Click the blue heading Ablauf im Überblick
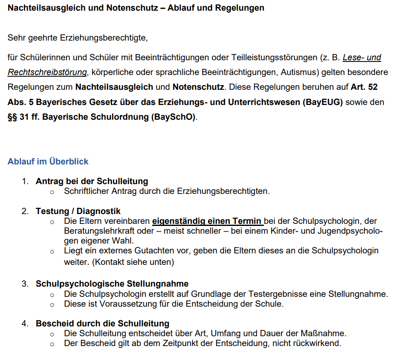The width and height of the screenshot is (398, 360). click(48, 162)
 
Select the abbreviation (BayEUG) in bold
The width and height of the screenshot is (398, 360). click(323, 102)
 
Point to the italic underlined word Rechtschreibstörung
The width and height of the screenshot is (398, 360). click(47, 73)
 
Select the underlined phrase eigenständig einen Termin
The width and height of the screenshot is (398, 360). click(208, 221)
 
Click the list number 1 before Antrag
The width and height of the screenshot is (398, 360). click(25, 181)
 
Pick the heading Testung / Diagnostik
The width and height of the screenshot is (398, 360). click(78, 211)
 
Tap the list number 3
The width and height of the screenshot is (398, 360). click(25, 284)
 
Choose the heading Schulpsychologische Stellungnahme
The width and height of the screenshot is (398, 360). click(112, 284)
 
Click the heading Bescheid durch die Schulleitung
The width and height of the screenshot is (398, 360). click(102, 324)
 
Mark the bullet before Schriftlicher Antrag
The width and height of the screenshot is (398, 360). click(52, 192)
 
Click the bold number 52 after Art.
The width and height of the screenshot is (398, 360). click(373, 87)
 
